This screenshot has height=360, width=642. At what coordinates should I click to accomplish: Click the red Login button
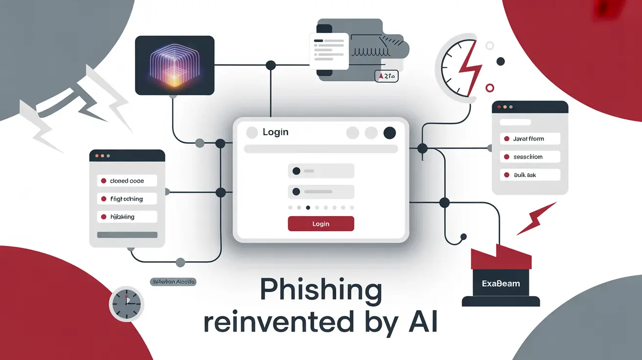(x=321, y=224)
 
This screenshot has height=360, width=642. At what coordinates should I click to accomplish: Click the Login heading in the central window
(x=275, y=132)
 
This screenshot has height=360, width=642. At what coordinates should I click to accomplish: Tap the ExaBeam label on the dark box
(x=501, y=284)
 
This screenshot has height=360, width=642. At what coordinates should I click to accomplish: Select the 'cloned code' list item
(x=127, y=181)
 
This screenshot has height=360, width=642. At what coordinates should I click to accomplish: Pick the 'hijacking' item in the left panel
(x=127, y=217)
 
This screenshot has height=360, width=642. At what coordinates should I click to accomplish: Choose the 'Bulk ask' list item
(x=529, y=175)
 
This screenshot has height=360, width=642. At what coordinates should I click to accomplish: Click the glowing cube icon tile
(x=175, y=66)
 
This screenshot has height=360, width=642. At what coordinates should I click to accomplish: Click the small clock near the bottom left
(x=126, y=304)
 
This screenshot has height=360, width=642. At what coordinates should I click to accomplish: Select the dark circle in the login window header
(x=390, y=133)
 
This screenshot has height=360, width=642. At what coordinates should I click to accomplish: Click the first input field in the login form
(x=321, y=171)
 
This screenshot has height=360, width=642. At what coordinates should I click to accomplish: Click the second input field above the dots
(x=321, y=191)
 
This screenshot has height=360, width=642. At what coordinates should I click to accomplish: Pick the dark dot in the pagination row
(x=308, y=207)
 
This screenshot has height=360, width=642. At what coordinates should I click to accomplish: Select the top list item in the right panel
(x=529, y=139)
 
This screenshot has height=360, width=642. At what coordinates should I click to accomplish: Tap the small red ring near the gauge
(x=489, y=88)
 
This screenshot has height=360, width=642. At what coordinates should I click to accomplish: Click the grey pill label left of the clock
(x=173, y=282)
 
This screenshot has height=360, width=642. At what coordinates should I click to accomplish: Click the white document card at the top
(x=328, y=50)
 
